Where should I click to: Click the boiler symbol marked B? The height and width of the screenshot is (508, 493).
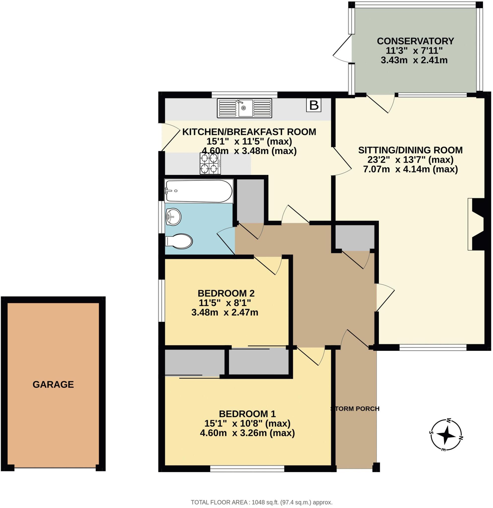314,105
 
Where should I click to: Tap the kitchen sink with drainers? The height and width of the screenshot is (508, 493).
244,108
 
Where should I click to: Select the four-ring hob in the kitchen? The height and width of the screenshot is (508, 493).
210,163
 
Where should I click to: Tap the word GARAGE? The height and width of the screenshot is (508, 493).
53,384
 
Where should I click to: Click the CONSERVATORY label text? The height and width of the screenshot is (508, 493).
415,41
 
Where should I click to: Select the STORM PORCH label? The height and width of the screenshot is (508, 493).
355,409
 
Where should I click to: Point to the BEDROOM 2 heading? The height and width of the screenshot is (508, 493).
226,293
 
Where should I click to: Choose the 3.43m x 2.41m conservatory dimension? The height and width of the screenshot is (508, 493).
414,60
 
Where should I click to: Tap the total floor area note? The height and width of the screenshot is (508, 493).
262,502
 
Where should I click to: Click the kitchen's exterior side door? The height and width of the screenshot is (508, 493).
169,137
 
